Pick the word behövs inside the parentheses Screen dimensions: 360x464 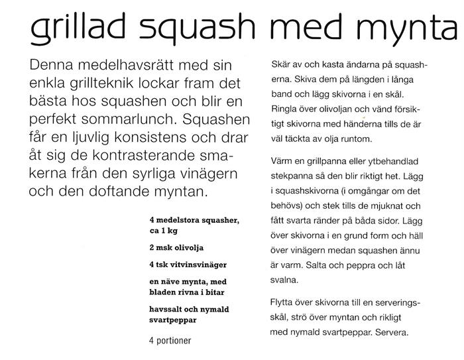point(290,207)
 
